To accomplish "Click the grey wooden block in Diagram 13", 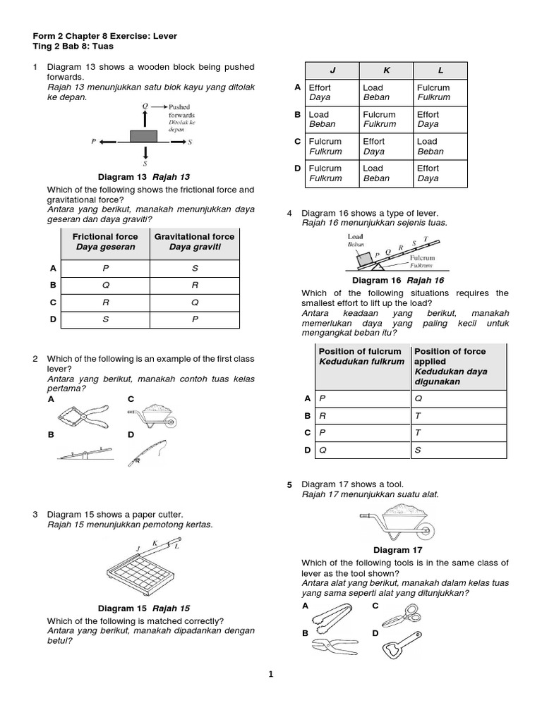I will (x=145, y=135).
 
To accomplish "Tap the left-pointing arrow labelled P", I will (x=110, y=142).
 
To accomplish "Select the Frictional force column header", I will (x=105, y=242).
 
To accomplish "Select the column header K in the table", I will (x=386, y=70).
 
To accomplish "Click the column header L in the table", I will (x=440, y=70).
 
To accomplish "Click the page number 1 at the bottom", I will (x=270, y=674).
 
